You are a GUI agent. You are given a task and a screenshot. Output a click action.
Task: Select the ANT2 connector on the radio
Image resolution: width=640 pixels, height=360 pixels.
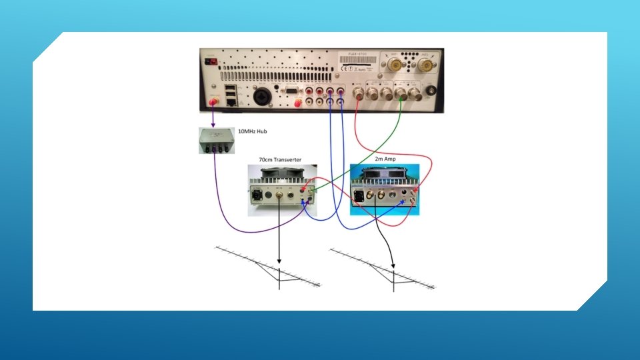426,65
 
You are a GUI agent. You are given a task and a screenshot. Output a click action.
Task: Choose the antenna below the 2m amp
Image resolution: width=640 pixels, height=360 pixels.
383,270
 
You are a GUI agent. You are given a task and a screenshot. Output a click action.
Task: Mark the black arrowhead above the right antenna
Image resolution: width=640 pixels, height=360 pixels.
393,264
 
